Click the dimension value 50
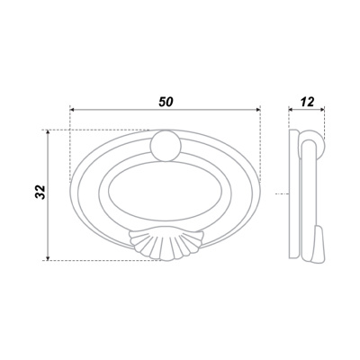(166, 102)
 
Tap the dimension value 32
(40, 193)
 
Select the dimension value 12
(307, 102)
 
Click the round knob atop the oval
(166, 146)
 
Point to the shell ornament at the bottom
(166, 245)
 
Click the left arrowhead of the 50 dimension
(72, 110)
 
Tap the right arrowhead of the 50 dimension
(257, 110)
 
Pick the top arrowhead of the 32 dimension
(48, 132)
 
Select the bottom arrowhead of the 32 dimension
(48, 257)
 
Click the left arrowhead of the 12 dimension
(291, 110)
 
